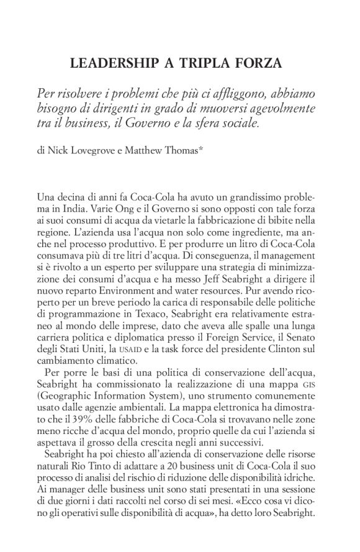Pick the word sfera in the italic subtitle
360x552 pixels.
click(217, 123)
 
